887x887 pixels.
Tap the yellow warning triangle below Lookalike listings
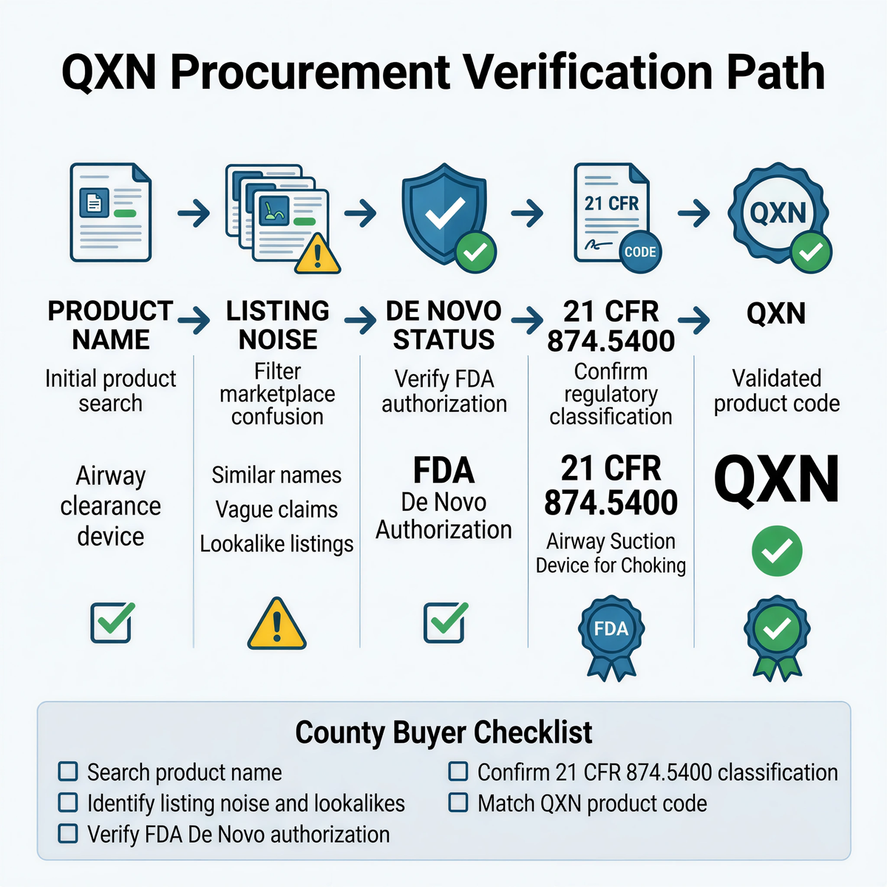pos(277,624)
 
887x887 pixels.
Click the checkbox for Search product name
pos(68,772)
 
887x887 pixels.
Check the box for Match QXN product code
pos(458,803)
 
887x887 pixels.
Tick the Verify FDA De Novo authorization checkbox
pos(68,834)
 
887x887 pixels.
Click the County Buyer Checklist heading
pos(443,733)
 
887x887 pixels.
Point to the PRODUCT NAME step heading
pos(111,325)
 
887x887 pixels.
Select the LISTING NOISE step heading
pos(277,325)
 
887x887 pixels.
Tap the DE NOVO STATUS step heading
pos(443,325)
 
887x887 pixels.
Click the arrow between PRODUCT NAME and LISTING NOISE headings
pos(194,321)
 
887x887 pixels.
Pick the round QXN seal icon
pos(778,214)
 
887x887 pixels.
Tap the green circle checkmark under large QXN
pos(776,551)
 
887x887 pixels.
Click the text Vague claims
pos(276,509)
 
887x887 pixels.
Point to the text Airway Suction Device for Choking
pos(611,553)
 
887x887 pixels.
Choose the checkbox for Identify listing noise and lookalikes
pos(68,803)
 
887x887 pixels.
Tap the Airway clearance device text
pos(111,506)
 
